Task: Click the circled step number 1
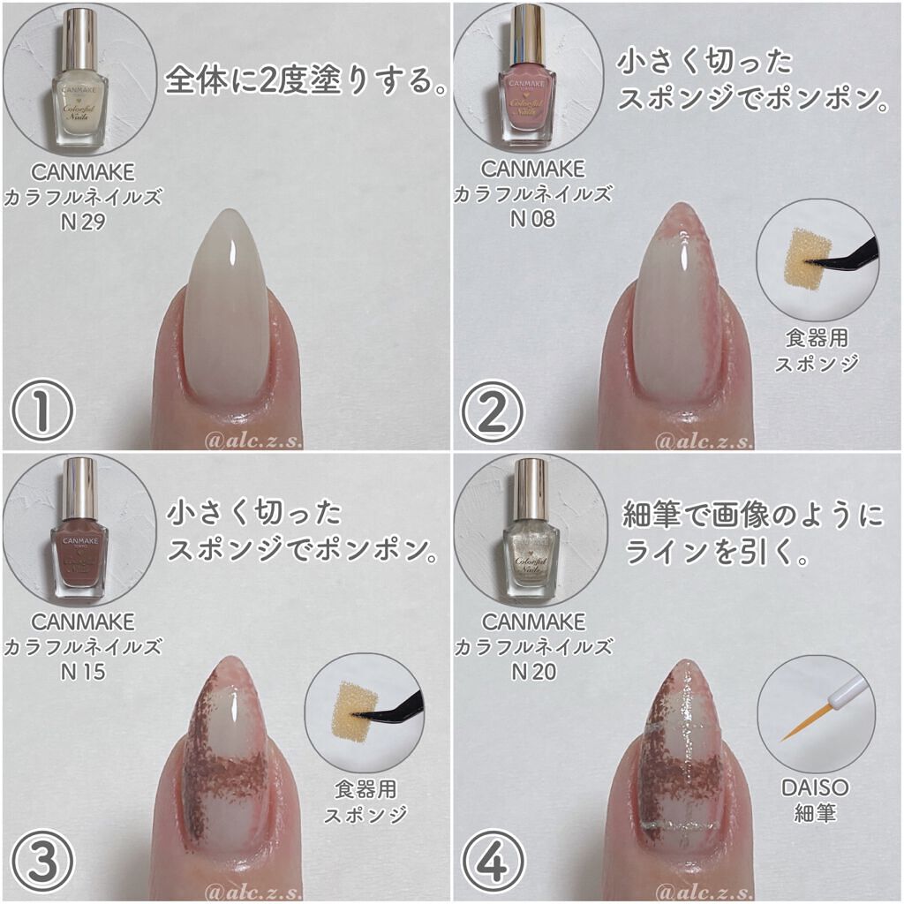point(42,411)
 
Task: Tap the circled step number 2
point(492,411)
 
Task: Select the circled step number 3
point(42,862)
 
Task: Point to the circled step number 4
point(493,862)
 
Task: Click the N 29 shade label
point(83,222)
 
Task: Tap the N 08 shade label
point(532,219)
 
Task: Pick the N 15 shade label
point(83,672)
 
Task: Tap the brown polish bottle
point(80,530)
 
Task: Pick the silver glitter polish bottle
point(531,530)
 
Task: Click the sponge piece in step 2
point(808,257)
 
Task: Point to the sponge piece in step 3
point(355,711)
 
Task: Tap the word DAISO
point(815,787)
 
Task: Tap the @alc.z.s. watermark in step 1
point(253,441)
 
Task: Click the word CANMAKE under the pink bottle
point(532,169)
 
